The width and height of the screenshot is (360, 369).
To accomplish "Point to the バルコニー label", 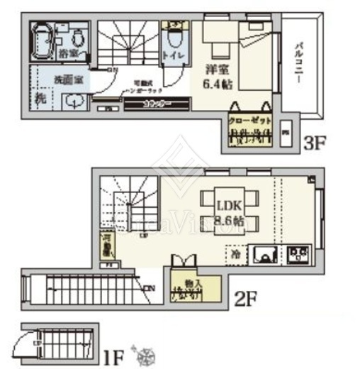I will coord(299,63).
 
